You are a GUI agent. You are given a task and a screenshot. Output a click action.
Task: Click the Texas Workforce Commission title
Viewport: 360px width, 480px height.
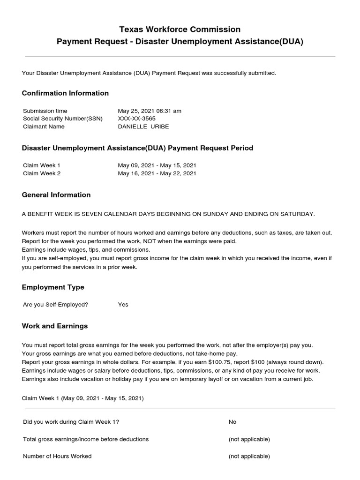180,30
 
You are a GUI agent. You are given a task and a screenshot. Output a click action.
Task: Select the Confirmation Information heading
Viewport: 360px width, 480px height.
65,93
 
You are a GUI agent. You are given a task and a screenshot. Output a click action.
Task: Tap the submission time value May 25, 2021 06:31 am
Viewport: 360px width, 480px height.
150,111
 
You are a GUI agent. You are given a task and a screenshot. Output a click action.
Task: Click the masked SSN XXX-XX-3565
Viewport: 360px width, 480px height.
137,119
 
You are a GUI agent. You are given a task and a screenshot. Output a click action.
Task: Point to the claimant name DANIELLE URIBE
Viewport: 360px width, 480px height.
143,127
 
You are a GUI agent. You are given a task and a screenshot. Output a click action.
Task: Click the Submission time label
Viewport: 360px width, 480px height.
45,111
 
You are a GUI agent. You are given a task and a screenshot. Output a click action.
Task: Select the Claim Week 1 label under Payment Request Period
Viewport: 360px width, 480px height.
42,165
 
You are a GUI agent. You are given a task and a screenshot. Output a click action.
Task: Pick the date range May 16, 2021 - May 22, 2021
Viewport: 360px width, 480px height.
157,173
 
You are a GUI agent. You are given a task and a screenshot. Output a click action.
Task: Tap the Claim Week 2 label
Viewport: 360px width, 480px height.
42,173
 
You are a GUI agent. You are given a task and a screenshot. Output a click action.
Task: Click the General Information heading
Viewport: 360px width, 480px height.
56,195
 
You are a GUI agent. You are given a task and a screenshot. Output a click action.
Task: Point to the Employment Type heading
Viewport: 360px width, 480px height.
53,287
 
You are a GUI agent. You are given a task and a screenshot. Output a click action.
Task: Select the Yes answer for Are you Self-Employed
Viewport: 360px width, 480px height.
123,305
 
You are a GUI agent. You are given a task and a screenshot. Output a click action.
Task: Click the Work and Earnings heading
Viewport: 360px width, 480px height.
55,326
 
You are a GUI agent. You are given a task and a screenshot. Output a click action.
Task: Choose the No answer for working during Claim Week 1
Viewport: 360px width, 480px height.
232,422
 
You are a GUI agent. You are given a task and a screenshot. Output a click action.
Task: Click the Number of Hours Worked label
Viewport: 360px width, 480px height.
57,456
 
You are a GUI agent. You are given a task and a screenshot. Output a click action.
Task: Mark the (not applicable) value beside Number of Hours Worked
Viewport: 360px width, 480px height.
249,456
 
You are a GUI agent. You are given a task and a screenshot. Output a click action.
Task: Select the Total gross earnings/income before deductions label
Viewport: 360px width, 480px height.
86,439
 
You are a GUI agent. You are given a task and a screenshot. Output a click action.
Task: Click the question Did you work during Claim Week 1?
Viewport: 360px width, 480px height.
71,422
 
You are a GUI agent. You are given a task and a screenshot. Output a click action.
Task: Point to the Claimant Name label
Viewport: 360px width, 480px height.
44,127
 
